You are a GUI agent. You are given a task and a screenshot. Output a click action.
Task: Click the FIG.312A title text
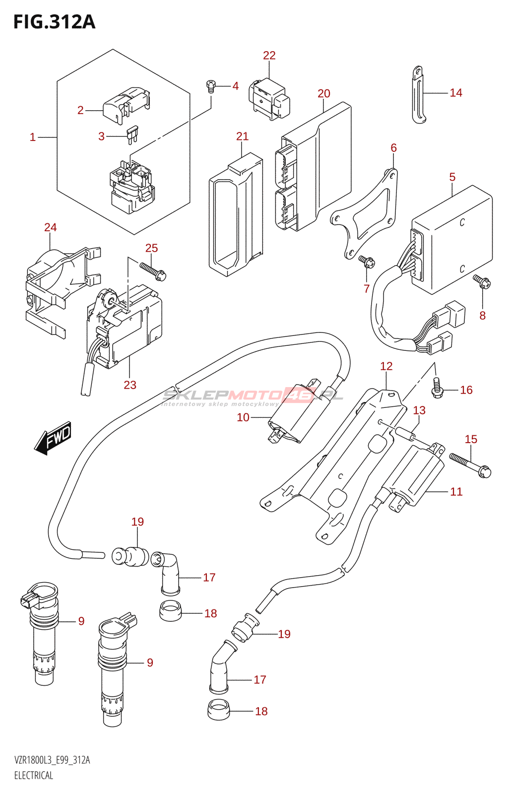click(54, 22)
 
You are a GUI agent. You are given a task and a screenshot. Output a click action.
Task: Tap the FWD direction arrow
click(54, 438)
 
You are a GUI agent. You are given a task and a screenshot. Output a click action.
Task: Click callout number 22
click(269, 56)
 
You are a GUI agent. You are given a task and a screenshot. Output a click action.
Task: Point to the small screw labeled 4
click(211, 86)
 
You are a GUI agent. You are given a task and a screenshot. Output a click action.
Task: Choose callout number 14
click(456, 93)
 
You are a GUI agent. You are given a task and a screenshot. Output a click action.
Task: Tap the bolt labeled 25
click(153, 270)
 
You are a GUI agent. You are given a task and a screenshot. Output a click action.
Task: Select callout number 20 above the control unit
click(324, 93)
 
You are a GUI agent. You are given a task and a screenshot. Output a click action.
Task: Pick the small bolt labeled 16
click(437, 388)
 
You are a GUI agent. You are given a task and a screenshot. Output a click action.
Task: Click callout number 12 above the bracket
click(386, 366)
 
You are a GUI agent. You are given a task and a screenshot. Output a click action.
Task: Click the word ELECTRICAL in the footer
click(34, 775)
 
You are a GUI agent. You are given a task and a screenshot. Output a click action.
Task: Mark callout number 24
click(51, 227)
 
